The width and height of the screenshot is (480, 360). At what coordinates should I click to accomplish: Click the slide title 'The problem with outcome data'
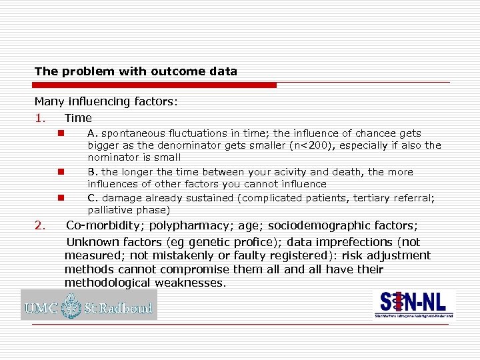[x=135, y=71]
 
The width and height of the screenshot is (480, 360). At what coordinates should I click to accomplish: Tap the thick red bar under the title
[x=155, y=85]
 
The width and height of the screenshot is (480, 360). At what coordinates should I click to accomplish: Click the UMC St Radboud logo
[x=89, y=306]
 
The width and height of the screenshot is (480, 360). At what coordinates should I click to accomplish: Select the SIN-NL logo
[x=413, y=304]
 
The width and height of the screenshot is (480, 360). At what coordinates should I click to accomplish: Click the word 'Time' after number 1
[x=78, y=118]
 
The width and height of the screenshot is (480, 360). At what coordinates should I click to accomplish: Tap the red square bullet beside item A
[x=60, y=133]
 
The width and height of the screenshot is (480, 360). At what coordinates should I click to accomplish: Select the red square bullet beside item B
[x=60, y=172]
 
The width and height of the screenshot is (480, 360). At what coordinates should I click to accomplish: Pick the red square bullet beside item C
[x=60, y=197]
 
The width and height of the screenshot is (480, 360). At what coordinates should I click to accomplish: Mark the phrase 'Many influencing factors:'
[x=106, y=102]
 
